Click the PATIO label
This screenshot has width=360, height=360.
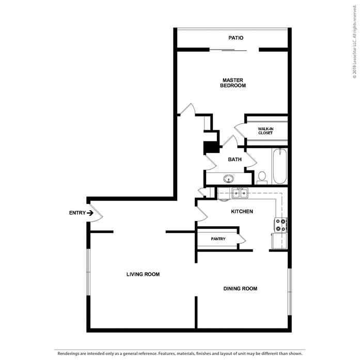coord(236,38)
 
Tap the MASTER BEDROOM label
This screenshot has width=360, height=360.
coord(233,83)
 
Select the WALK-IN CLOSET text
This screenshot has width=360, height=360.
coord(265,131)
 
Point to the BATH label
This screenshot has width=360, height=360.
coord(234,159)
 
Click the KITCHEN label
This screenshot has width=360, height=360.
coord(242,211)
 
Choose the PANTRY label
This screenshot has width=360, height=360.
coord(218,239)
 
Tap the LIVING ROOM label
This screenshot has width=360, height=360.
coord(143,274)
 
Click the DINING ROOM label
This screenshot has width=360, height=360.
coord(240,289)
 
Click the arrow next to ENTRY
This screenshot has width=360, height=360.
coord(90,213)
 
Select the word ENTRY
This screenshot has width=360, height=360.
coord(77,213)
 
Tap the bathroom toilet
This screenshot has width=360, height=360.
coord(262,178)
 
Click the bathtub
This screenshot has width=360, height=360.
coord(280,166)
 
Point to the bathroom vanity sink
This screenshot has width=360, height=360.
coord(228,178)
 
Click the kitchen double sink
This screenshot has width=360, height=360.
coord(240,193)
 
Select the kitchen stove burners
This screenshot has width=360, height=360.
coord(280,225)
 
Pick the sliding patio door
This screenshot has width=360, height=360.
coord(228,50)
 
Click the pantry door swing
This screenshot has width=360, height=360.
coord(242,239)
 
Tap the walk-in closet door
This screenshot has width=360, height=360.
coord(240,131)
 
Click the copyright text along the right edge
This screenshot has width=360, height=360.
coord(354,42)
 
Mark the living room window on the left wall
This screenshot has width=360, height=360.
coord(88,272)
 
